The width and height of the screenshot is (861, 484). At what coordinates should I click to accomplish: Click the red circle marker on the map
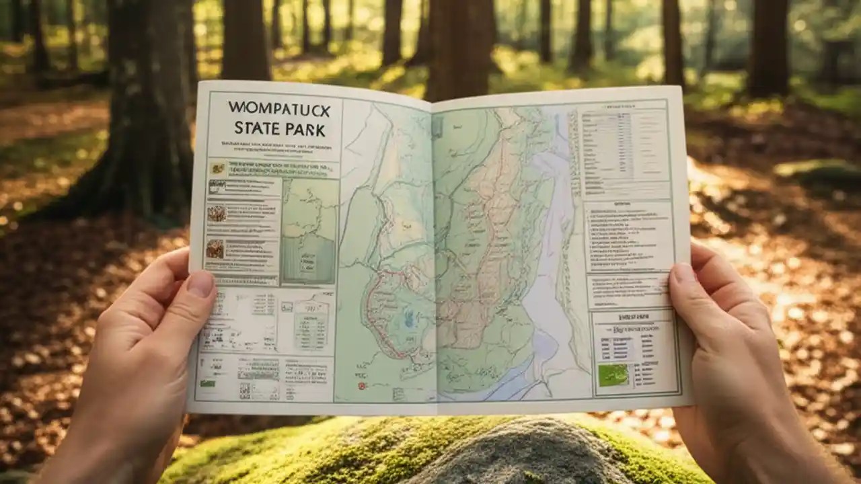coord(362,386)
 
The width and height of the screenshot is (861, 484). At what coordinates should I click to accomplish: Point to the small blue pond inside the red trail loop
coord(408,322)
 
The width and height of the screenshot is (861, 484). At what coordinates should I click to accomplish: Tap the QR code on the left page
coord(245,389)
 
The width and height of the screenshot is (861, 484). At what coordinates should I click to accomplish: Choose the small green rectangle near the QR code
coord(207,383)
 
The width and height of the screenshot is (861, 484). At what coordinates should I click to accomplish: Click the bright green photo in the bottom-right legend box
coord(613,375)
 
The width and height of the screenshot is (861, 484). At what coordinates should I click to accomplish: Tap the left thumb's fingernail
coord(200,284)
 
